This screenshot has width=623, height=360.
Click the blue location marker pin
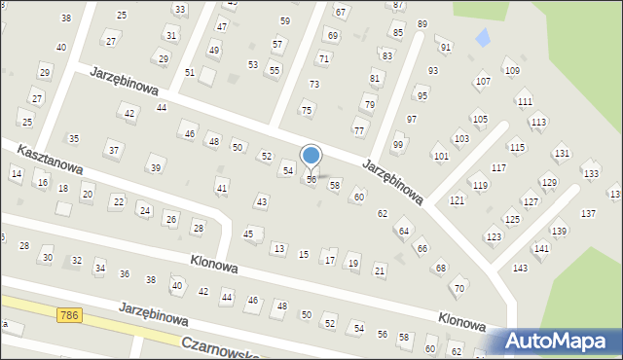tap(311, 156)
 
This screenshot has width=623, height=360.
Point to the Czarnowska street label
tap(220, 349)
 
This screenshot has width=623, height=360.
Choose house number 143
tap(521, 268)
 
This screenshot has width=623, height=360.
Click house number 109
tap(512, 71)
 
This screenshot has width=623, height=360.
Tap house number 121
tap(458, 199)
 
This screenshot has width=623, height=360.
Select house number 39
tap(155, 168)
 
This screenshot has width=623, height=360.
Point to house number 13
tap(279, 249)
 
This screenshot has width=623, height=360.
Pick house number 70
tap(459, 288)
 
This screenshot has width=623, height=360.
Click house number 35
tap(73, 139)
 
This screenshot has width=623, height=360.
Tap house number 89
tap(421, 23)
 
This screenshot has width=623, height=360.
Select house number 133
tap(590, 173)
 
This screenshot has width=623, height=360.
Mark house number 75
tap(308, 110)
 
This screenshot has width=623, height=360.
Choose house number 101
tap(441, 156)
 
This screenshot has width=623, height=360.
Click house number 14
tap(16, 173)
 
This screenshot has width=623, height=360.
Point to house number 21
tap(380, 270)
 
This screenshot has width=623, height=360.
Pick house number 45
tap(249, 234)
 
